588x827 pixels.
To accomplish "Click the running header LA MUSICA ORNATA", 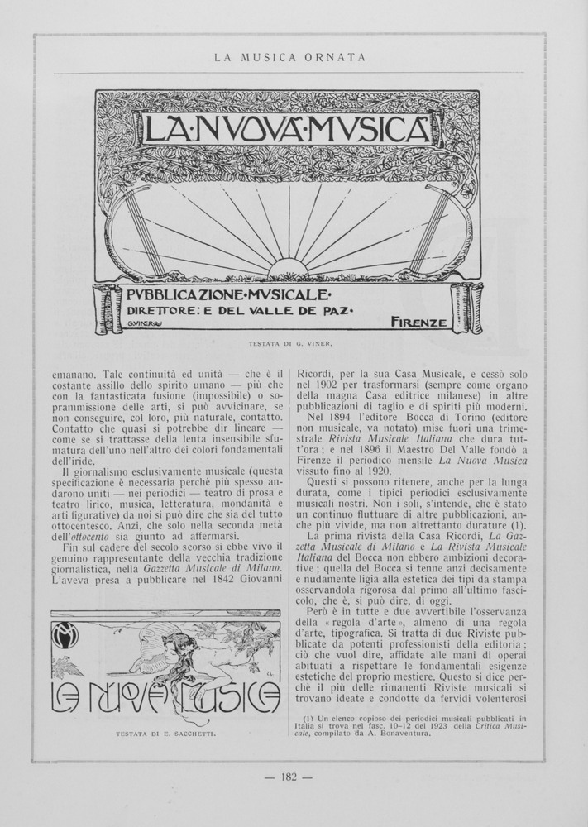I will pyautogui.click(x=289, y=57).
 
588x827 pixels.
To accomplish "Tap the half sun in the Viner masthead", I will pyautogui.click(x=289, y=268).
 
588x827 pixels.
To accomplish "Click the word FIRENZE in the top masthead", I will pyautogui.click(x=418, y=321).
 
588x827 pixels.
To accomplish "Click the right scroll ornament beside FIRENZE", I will pyautogui.click(x=466, y=308).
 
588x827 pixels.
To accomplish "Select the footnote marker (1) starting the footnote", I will pyautogui.click(x=309, y=719).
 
